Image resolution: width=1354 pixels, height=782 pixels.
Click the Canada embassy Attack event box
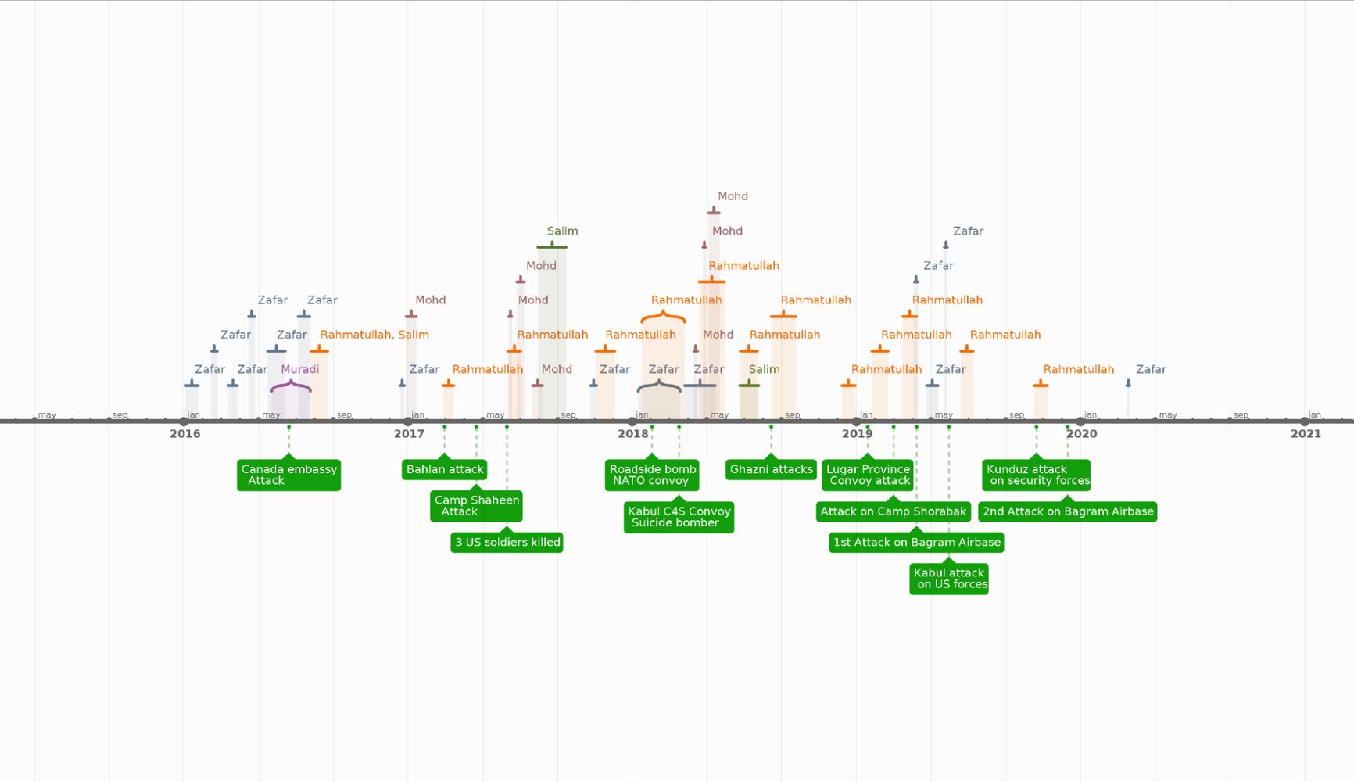pyautogui.click(x=288, y=475)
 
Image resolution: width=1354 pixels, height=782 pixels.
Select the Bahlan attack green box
pyautogui.click(x=445, y=469)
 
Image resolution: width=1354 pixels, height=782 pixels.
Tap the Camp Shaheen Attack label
pyautogui.click(x=476, y=506)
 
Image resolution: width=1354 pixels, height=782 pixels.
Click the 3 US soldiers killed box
pyautogui.click(x=507, y=542)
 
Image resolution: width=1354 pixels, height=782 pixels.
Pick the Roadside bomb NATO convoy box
pyautogui.click(x=652, y=475)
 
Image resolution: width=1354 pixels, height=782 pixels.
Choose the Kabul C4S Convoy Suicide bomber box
pyautogui.click(x=679, y=517)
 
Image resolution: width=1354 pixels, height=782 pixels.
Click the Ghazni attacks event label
pyautogui.click(x=771, y=469)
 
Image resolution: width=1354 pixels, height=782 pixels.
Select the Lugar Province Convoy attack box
pyautogui.click(x=868, y=475)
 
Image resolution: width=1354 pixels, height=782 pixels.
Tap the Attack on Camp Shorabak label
pyautogui.click(x=893, y=511)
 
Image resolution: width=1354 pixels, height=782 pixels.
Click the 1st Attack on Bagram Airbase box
pyautogui.click(x=916, y=542)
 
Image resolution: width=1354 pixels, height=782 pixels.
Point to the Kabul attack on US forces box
pyautogui.click(x=949, y=579)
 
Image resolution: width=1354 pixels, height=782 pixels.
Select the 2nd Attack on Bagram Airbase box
pyautogui.click(x=1067, y=511)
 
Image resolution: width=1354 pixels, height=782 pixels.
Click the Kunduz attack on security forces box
pyautogui.click(x=1037, y=475)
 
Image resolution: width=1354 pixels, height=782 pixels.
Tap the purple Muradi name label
pyautogui.click(x=300, y=369)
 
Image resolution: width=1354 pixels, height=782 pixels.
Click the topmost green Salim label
pyautogui.click(x=562, y=231)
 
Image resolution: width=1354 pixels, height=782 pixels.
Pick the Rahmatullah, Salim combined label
pyautogui.click(x=374, y=335)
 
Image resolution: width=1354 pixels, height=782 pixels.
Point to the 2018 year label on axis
pyautogui.click(x=632, y=434)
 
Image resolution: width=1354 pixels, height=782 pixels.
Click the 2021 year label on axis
pyautogui.click(x=1305, y=434)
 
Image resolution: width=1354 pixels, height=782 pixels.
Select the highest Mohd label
pyautogui.click(x=733, y=196)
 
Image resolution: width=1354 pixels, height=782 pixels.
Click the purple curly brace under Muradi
pyautogui.click(x=291, y=386)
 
